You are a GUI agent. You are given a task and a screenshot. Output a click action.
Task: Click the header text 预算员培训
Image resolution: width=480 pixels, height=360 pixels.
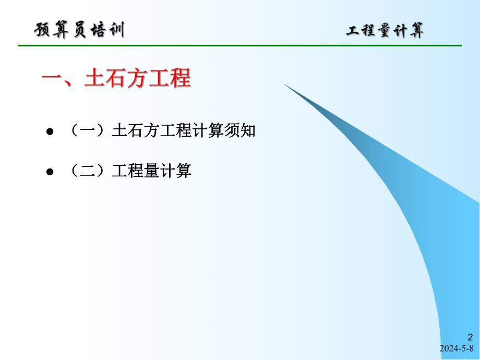click(79, 30)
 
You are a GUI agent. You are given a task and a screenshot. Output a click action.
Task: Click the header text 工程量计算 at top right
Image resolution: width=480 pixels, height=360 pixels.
click(385, 31)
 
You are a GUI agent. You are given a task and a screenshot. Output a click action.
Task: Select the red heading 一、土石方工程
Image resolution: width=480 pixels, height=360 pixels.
click(116, 79)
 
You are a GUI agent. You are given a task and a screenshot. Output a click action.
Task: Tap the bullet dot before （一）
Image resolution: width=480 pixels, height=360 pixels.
click(51, 132)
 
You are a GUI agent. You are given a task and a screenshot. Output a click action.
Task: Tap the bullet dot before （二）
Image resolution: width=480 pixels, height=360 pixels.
click(51, 171)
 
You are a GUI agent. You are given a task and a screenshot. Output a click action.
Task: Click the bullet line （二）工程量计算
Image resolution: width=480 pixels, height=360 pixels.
click(130, 171)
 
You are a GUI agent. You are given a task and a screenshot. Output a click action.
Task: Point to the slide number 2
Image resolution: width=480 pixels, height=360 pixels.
click(470, 337)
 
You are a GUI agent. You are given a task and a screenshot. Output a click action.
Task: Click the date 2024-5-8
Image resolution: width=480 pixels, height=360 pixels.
click(457, 349)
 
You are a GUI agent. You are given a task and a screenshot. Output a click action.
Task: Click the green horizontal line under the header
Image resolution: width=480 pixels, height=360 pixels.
click(240, 46)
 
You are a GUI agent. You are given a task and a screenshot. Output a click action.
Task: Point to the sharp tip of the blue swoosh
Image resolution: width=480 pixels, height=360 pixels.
click(285, 85)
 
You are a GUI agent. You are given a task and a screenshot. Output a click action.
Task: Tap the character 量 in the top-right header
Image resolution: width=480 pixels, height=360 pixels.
click(385, 31)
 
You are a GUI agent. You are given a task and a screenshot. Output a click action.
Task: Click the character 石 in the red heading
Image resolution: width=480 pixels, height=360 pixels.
click(116, 79)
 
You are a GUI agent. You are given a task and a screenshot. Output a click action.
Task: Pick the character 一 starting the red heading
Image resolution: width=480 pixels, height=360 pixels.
click(52, 79)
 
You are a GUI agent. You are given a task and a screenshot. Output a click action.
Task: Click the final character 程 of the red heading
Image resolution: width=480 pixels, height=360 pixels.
click(179, 79)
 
